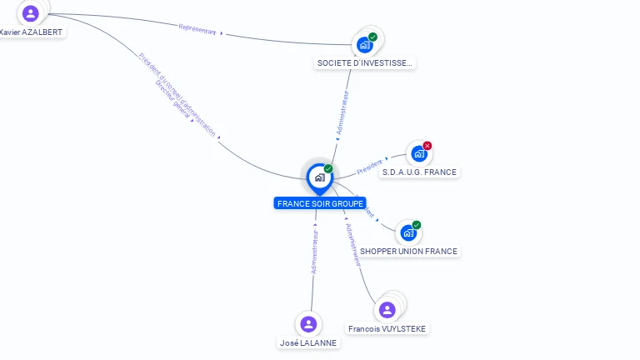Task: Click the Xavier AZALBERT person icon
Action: point(31,13)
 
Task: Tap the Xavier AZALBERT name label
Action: point(32,32)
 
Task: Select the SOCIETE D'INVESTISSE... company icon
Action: point(364,45)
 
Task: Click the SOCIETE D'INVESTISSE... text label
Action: point(365,63)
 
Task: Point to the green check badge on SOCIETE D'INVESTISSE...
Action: point(372,37)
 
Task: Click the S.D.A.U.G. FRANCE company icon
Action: point(419,154)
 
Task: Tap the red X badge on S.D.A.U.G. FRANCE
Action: point(427,146)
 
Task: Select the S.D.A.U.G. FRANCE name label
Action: point(418,172)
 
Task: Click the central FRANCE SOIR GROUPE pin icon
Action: point(318,177)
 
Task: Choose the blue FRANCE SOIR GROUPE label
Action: point(320,203)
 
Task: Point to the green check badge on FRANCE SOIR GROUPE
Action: point(328,169)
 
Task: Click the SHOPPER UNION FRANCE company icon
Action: point(408,233)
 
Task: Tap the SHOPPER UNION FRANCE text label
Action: point(408,251)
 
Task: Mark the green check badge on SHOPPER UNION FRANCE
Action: point(417,225)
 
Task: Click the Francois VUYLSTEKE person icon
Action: point(387,310)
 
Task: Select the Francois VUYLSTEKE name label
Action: point(387,329)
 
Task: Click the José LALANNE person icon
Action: point(308,324)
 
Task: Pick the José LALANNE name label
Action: point(309,342)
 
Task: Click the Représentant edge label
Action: point(197,30)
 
